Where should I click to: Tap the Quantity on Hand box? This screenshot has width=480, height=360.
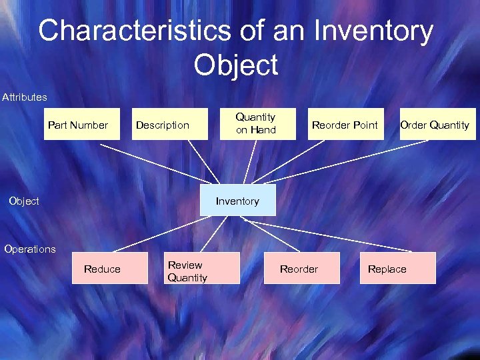coord(256,124)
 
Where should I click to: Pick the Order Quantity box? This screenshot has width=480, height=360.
coord(435,124)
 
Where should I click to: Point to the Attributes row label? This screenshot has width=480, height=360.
coord(25,97)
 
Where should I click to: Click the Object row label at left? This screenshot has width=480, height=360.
coord(23,201)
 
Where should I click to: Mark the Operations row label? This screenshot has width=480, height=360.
coord(30,249)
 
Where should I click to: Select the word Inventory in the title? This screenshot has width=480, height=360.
coord(373,31)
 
